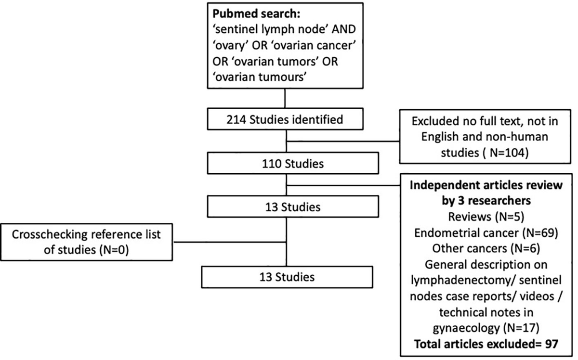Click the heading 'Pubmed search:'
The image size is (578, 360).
[x=256, y=14]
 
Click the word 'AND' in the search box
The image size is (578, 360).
[x=344, y=29]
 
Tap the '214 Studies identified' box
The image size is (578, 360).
[x=285, y=119]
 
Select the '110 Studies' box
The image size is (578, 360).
[x=293, y=163]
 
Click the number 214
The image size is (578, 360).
[x=236, y=119]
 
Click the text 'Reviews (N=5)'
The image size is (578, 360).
[x=486, y=217]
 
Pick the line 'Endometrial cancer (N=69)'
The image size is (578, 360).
[x=486, y=233]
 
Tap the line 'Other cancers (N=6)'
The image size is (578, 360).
[x=486, y=249]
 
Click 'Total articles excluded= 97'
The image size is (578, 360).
[x=486, y=344]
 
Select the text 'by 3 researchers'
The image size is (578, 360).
[x=486, y=201]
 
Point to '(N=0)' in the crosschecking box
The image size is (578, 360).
[x=114, y=250]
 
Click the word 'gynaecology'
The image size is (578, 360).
[x=467, y=329]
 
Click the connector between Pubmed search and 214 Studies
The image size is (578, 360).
[x=285, y=98]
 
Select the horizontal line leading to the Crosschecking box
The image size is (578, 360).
[x=229, y=242]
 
